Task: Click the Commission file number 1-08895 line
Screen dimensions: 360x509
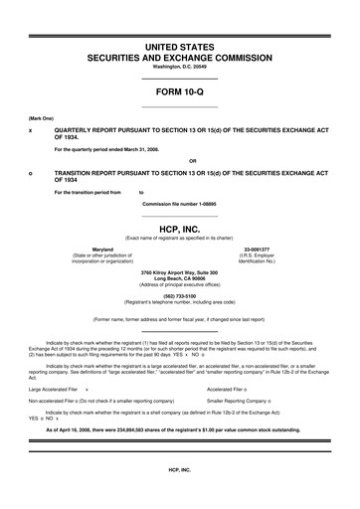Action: coord(179,203)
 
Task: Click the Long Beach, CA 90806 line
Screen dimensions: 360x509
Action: coord(179,277)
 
